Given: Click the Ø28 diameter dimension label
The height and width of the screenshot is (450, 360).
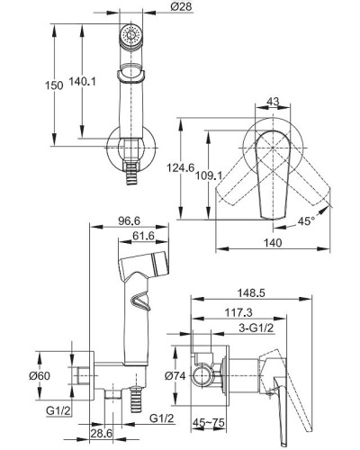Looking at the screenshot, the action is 182,6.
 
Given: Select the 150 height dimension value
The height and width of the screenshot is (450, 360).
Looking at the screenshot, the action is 54,85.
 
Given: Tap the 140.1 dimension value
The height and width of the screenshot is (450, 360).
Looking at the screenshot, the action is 83,81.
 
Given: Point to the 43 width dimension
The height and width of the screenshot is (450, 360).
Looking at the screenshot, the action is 273,102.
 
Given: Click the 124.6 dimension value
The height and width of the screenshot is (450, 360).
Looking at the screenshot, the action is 181,167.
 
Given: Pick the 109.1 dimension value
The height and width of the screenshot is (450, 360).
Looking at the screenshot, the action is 209,175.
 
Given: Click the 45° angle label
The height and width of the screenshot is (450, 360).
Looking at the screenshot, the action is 306,221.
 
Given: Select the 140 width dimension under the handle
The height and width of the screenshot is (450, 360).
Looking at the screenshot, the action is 274,242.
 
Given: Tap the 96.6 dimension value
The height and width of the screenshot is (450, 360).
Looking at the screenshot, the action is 129,221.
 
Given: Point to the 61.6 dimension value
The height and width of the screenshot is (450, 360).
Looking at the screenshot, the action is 143,236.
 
